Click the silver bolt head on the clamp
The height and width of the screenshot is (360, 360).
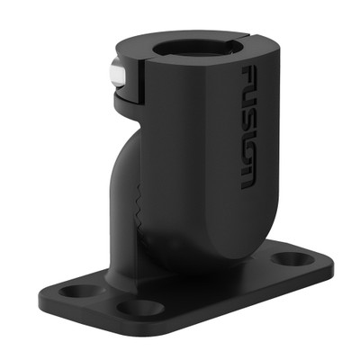tap(114, 76)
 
